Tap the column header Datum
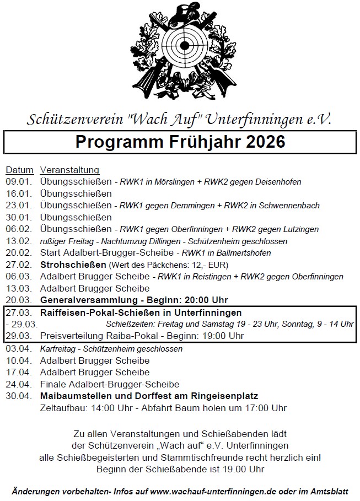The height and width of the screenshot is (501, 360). pyautogui.click(x=19, y=170)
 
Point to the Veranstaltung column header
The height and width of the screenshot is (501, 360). pyautogui.click(x=70, y=170)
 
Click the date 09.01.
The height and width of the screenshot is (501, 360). pyautogui.click(x=19, y=181)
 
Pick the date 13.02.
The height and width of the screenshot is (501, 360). pyautogui.click(x=19, y=241)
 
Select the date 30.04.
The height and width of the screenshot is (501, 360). pyautogui.click(x=19, y=396)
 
